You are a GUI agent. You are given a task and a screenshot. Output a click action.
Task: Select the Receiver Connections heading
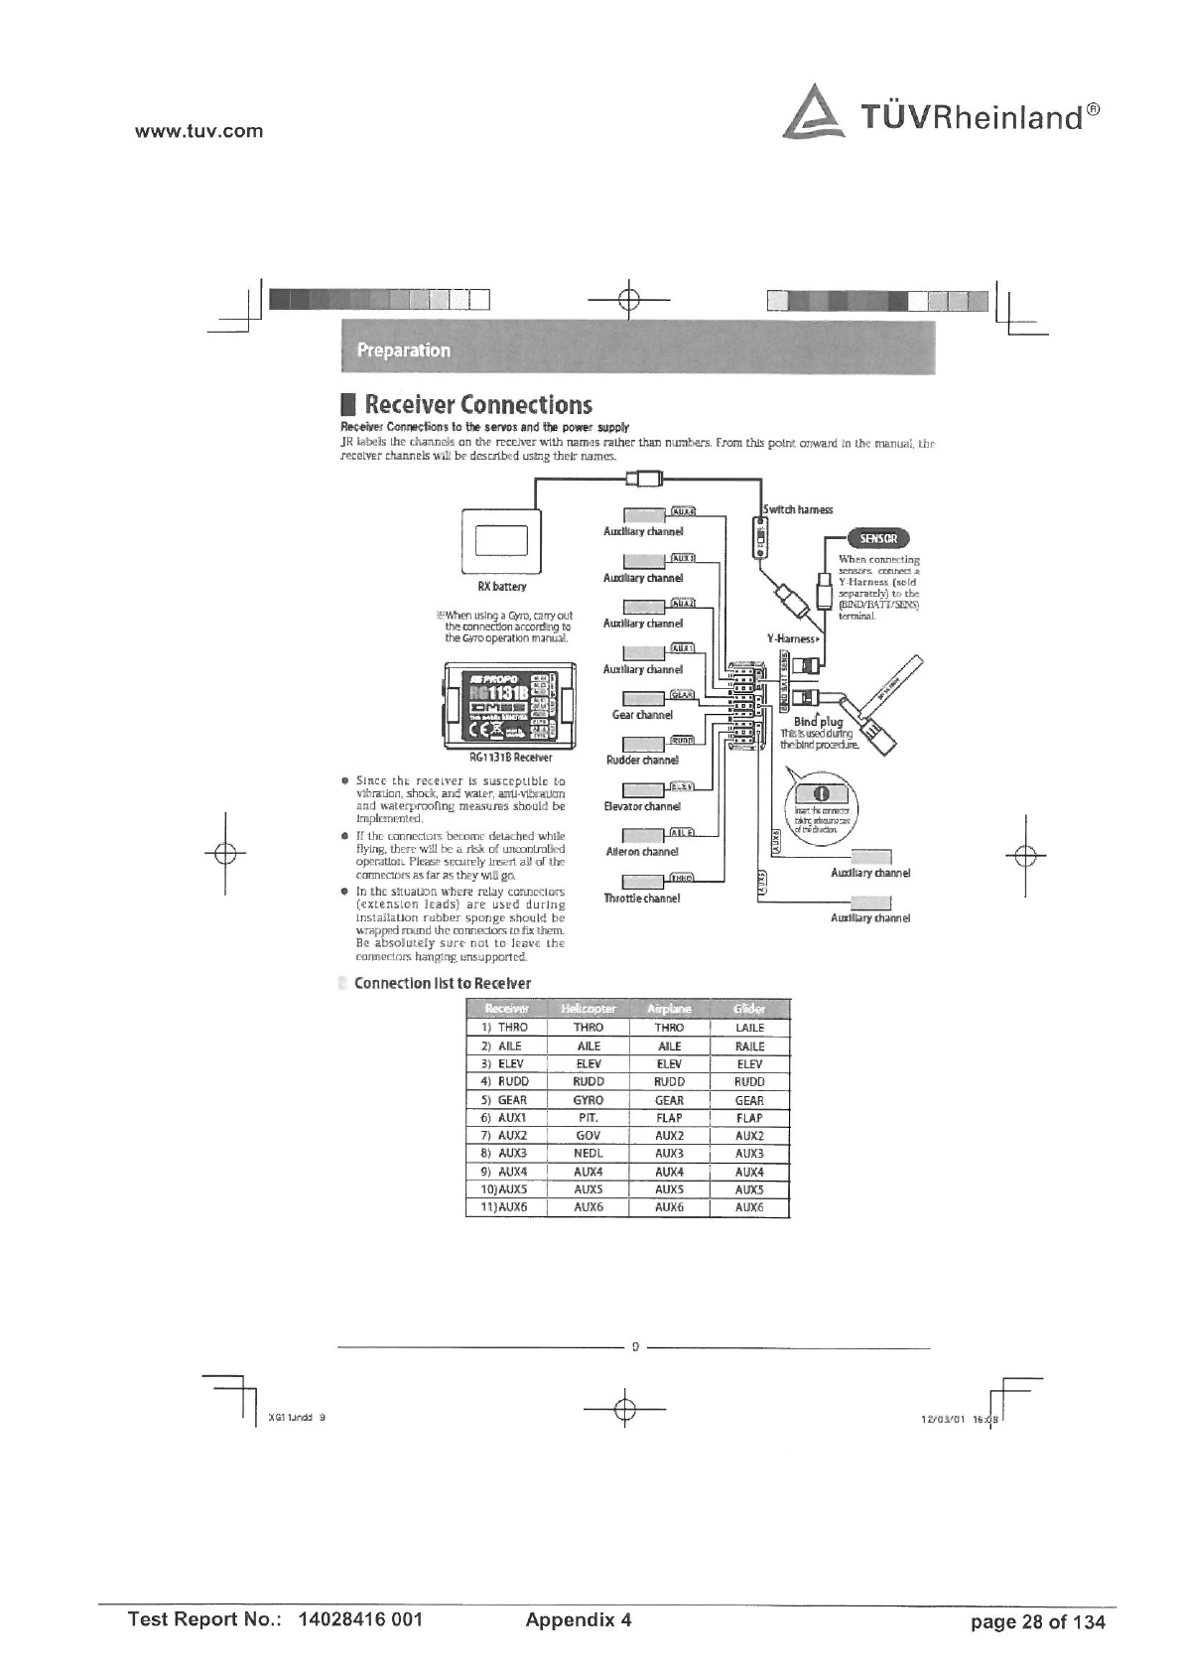pos(477,405)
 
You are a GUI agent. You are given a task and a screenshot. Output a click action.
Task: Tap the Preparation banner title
pos(403,350)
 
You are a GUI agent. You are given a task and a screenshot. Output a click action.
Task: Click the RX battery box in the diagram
pos(501,539)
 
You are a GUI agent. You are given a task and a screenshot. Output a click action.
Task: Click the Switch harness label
pos(798,509)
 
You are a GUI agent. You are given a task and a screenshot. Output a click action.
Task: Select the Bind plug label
pos(819,722)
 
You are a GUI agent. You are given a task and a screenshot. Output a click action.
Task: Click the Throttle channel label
pos(641,899)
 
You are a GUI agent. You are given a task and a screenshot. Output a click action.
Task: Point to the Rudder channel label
pos(642,761)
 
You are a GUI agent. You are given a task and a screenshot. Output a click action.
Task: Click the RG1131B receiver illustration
pos(507,701)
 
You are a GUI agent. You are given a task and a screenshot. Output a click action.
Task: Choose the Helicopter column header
pos(589,1009)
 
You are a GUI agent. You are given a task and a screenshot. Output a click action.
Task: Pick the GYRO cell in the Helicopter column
pos(589,1100)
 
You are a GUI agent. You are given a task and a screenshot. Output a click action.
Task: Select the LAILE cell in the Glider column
pos(749,1028)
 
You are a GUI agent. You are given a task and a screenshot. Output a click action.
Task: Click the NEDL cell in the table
pos(589,1154)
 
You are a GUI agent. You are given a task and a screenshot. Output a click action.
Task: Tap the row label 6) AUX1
pos(505,1118)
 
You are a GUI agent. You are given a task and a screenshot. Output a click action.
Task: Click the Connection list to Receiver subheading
pos(443,983)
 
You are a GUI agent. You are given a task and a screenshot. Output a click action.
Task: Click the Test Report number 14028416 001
pos(360,1620)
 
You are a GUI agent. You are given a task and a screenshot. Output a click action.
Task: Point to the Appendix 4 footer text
pos(578,1620)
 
